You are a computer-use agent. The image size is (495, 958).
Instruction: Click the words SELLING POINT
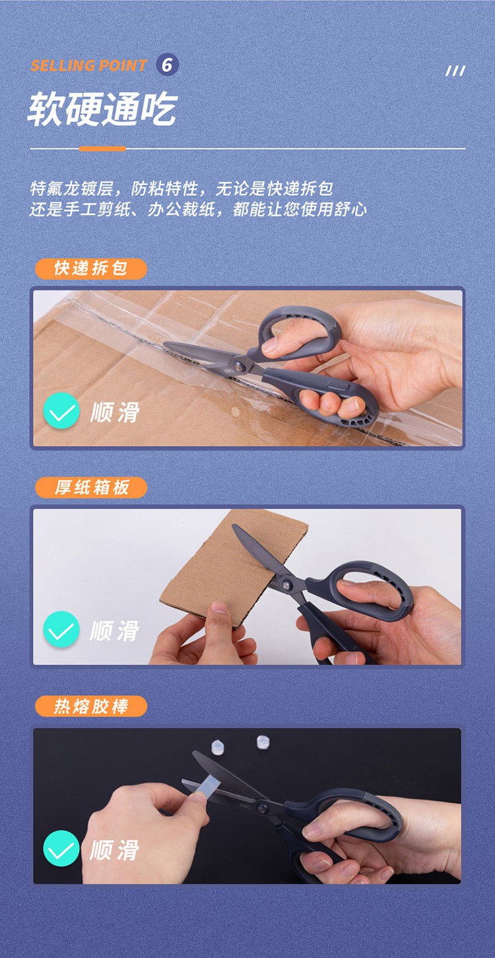click(88, 65)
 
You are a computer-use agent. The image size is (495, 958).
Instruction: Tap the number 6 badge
click(167, 65)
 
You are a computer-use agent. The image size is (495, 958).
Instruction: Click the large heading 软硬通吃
click(102, 109)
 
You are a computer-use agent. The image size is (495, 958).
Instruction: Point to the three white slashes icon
click(455, 71)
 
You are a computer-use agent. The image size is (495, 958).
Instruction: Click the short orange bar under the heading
click(102, 148)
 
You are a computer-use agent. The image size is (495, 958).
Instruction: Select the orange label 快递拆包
click(90, 269)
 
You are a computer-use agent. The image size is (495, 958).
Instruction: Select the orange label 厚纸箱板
click(90, 487)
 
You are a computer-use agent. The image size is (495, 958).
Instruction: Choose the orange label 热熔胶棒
click(90, 706)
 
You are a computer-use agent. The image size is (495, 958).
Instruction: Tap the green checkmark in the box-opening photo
click(61, 410)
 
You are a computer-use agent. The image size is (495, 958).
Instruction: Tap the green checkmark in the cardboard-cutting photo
click(61, 629)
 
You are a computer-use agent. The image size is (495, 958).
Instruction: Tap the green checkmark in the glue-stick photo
click(61, 848)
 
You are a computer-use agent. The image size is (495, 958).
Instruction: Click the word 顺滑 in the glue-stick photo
click(115, 849)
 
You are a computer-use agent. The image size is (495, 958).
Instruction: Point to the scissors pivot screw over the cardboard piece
click(285, 583)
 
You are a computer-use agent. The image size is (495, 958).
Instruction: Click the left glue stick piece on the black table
click(218, 747)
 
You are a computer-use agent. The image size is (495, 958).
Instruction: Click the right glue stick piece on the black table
click(263, 742)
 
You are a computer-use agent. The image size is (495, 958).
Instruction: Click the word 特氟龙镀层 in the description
click(71, 188)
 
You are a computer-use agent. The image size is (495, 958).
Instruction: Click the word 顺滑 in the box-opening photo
click(115, 412)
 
